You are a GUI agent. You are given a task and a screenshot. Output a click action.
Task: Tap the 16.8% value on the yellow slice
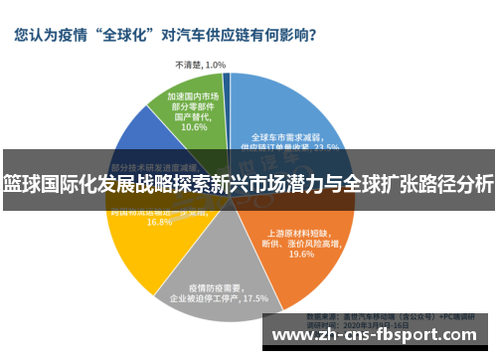159,223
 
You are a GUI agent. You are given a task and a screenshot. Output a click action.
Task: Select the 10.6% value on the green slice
194,126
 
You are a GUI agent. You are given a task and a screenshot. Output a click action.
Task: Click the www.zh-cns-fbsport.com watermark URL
379,334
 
